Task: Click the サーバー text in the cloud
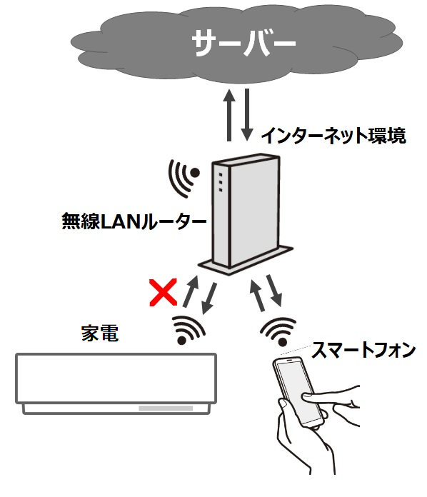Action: (x=243, y=43)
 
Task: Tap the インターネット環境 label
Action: (x=333, y=136)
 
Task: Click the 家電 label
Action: (x=100, y=333)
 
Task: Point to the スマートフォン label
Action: (x=363, y=350)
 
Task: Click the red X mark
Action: (x=163, y=293)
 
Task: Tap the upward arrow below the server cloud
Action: (x=229, y=115)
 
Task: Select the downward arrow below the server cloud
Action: (x=247, y=115)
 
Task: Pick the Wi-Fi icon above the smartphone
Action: (x=278, y=331)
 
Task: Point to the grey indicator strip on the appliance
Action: (x=166, y=408)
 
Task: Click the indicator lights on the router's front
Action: (x=221, y=182)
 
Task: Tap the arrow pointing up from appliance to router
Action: (x=191, y=291)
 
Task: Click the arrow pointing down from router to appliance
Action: (x=209, y=298)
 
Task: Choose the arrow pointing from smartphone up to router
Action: (x=257, y=295)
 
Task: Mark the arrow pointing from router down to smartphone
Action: (x=274, y=291)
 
